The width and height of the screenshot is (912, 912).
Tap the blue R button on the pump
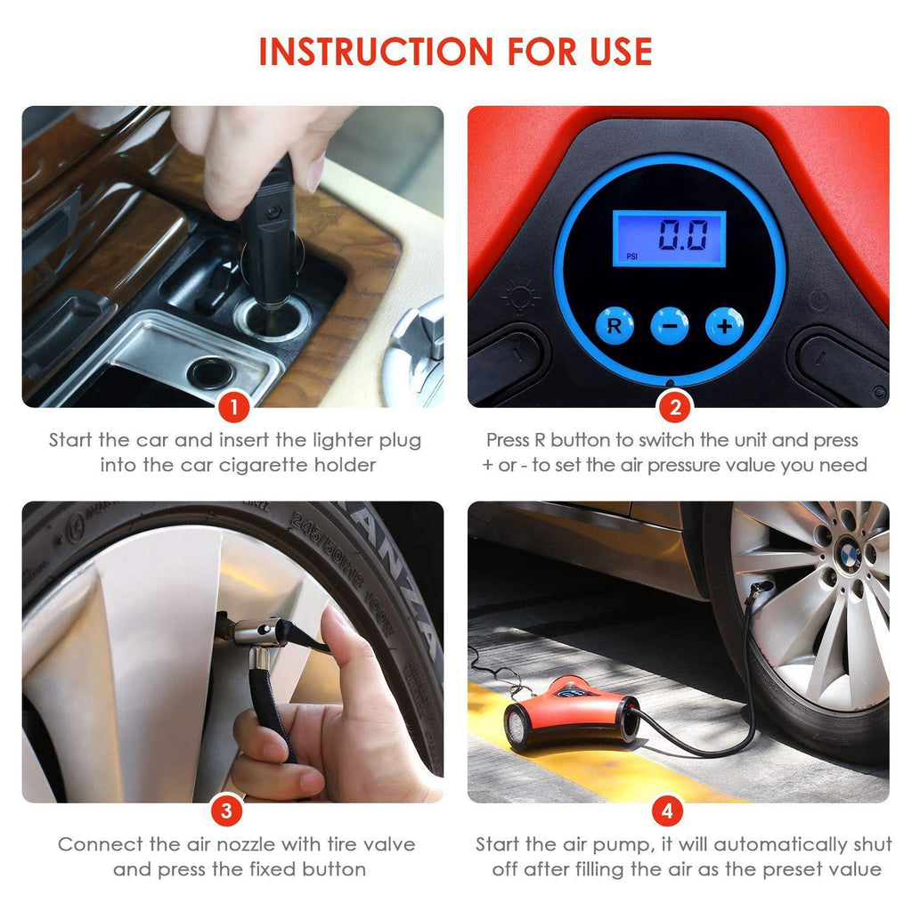[x=615, y=326]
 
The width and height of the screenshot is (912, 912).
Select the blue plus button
[x=724, y=326]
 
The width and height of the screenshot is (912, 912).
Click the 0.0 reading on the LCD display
[x=683, y=234]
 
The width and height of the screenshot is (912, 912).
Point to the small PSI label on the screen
[x=631, y=256]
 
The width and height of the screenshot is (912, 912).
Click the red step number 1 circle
[x=234, y=407]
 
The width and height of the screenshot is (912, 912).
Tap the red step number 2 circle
[x=675, y=407]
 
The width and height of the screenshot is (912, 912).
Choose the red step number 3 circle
[x=226, y=810]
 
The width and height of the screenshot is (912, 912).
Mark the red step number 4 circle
[x=667, y=810]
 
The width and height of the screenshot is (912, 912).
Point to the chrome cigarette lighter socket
[x=272, y=317]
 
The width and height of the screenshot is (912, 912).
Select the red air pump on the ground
[x=573, y=712]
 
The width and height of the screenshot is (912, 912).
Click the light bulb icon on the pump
[x=519, y=297]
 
